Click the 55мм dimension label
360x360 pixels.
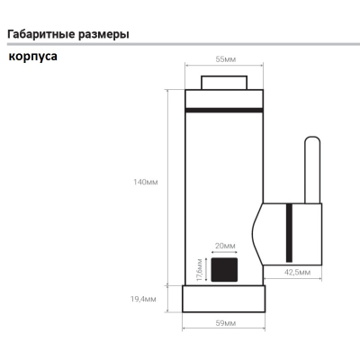226,59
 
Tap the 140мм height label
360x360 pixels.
146,182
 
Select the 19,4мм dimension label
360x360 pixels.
143,299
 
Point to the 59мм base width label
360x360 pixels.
226,323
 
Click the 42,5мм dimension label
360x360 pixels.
298,273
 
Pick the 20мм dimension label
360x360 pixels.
225,246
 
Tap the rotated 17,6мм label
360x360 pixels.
200,269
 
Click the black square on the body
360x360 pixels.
224,270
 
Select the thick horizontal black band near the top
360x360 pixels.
224,110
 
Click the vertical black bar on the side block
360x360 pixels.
289,233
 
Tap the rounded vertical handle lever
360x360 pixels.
312,170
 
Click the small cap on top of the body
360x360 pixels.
224,83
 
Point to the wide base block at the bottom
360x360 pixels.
224,299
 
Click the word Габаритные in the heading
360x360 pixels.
40,34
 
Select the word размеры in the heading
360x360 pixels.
103,35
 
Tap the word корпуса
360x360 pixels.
33,57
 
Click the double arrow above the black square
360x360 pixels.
225,252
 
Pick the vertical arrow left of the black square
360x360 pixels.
206,269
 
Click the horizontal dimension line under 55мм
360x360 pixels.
224,65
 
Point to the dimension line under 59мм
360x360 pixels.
224,328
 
